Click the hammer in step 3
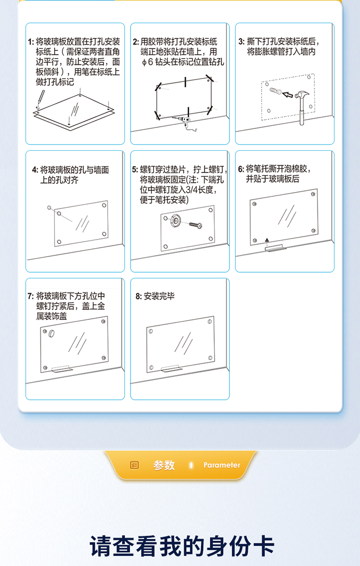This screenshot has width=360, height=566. (302, 107)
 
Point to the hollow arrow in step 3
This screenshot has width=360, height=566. (288, 95)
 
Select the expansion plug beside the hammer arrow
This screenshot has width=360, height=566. (276, 91)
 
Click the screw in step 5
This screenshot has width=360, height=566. (195, 225)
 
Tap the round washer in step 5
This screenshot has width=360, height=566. (176, 220)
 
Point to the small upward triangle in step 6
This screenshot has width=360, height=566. (267, 240)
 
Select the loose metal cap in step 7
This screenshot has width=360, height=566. (51, 333)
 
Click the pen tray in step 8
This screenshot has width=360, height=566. (170, 369)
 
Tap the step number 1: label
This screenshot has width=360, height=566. (31, 42)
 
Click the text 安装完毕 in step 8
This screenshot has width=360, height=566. (159, 296)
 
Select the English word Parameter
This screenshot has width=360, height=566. (222, 465)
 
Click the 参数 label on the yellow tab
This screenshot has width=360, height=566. (164, 465)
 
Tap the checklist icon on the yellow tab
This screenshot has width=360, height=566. (134, 465)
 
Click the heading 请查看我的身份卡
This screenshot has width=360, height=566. (182, 546)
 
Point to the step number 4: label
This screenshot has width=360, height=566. (35, 169)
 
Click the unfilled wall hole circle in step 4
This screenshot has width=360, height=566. (49, 207)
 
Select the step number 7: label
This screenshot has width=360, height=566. (31, 296)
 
